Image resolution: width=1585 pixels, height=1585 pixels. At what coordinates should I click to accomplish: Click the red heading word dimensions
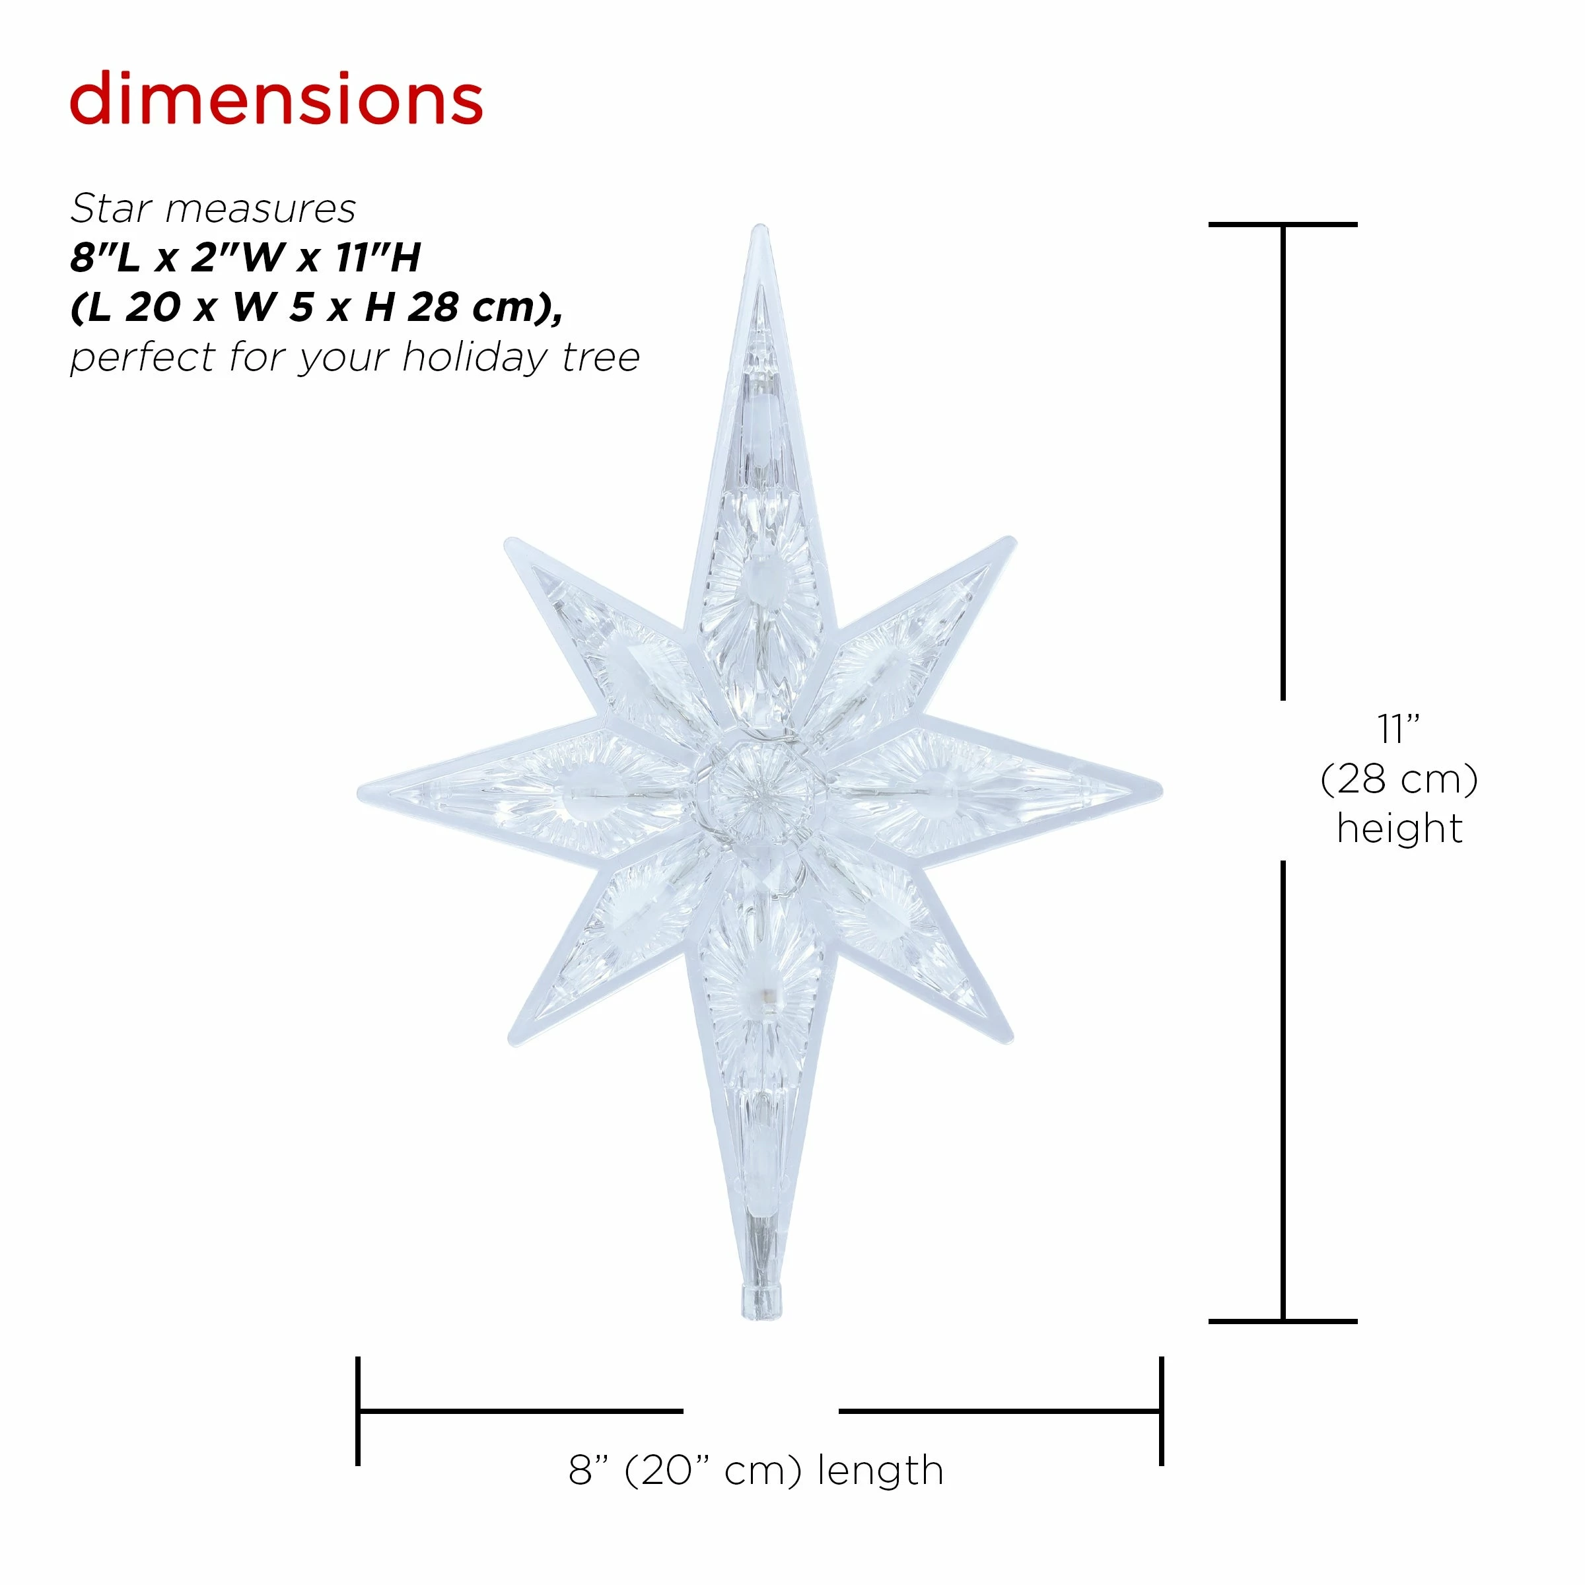point(277,100)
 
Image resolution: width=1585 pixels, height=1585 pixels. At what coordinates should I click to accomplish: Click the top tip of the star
point(759,231)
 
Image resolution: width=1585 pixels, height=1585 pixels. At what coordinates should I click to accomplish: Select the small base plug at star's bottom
point(759,1303)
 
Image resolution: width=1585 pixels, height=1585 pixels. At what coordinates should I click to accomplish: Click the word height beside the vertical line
point(1399,829)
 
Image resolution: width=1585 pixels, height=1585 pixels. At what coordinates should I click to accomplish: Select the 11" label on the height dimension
point(1399,730)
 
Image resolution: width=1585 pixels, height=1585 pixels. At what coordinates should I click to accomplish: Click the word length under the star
point(881,1471)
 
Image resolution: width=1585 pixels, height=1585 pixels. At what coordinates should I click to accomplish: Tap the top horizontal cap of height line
point(1283,224)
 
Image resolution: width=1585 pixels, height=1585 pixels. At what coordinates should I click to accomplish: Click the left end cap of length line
point(359,1411)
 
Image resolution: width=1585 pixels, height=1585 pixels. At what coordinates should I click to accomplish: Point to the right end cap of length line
point(1162,1411)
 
